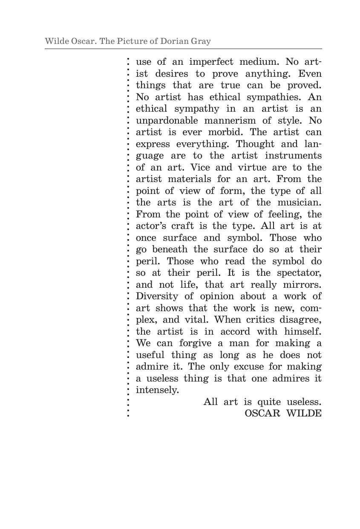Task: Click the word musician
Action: pos(299,202)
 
